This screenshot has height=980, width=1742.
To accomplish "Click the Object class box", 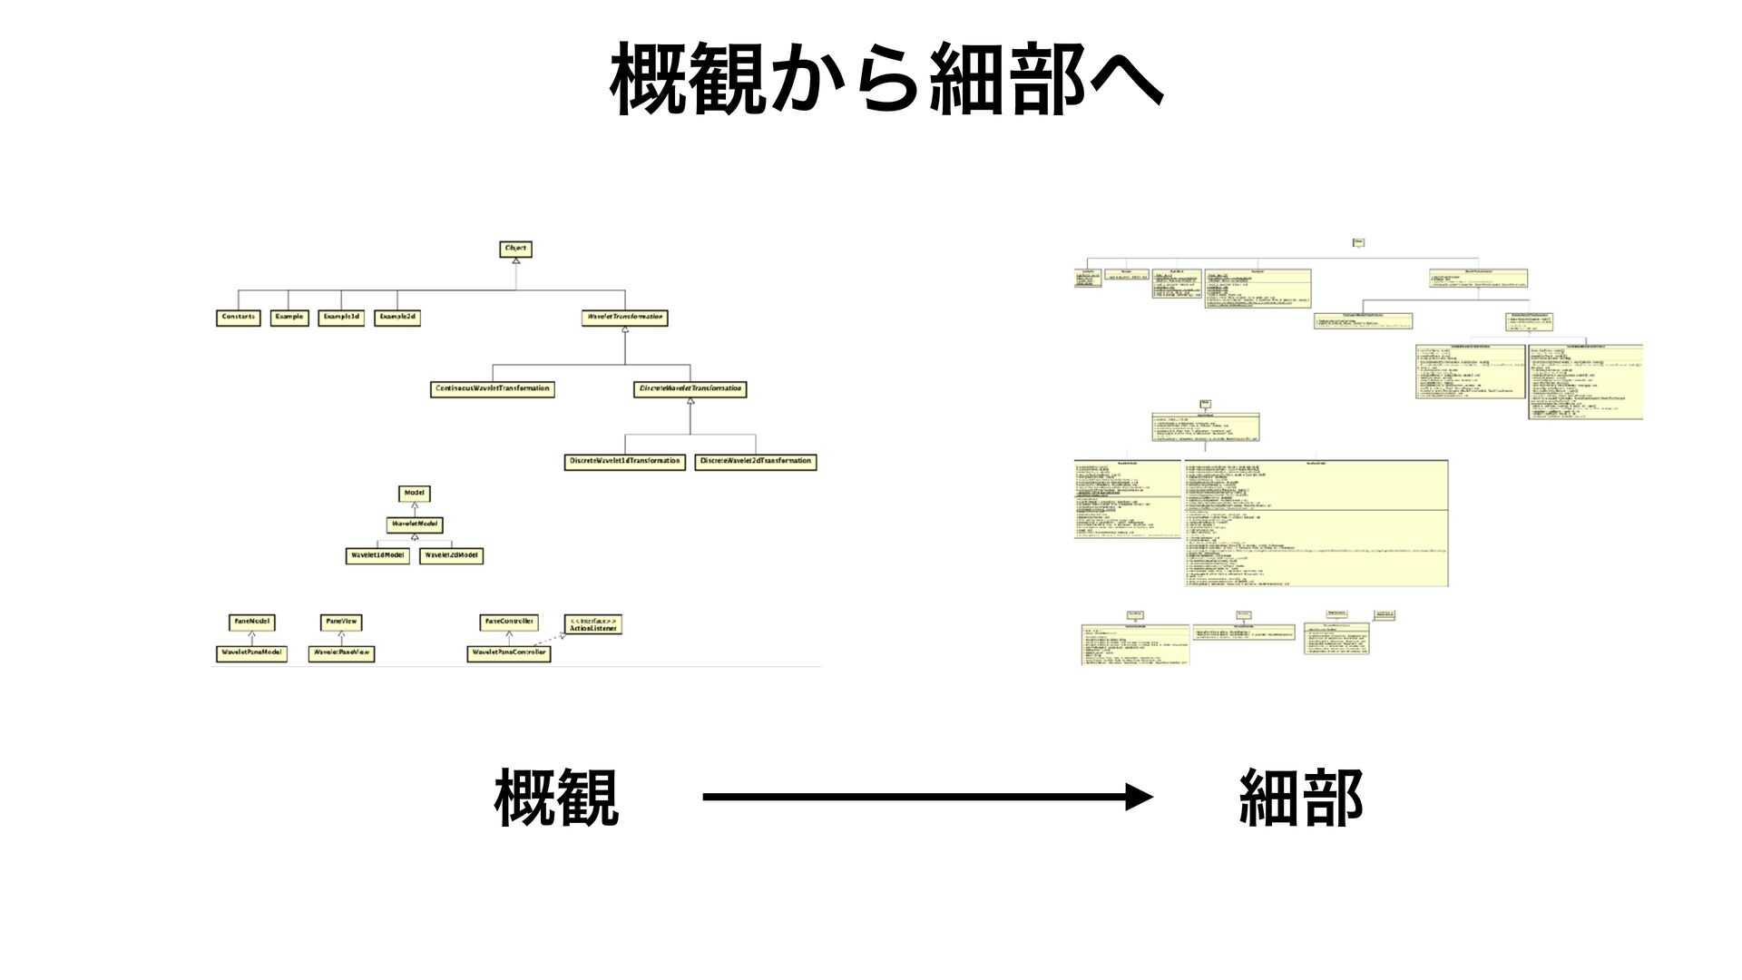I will click(515, 248).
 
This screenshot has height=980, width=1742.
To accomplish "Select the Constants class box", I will click(239, 318).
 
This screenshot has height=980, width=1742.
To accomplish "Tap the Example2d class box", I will click(397, 318).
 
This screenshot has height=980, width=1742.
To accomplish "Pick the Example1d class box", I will click(341, 318).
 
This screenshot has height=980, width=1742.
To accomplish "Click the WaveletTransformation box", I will click(624, 318).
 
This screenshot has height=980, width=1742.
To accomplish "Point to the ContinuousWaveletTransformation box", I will click(493, 388).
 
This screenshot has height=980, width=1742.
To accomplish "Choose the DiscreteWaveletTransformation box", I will click(690, 388).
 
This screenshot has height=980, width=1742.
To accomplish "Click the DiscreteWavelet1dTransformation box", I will click(624, 461).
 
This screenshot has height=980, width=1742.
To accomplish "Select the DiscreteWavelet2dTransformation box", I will click(755, 461).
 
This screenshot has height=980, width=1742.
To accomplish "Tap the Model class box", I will click(414, 493).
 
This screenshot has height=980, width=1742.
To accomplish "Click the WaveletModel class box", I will click(414, 524).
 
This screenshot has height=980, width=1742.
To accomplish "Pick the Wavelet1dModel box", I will click(377, 555).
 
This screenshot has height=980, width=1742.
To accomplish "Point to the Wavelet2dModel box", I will click(452, 555).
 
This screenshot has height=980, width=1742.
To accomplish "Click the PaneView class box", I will click(341, 622).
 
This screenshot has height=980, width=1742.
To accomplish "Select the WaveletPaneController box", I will click(509, 652).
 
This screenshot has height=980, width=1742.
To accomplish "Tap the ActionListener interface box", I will click(592, 624).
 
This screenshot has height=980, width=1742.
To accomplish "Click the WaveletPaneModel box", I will click(252, 652).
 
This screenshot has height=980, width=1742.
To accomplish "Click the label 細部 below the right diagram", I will click(1301, 798).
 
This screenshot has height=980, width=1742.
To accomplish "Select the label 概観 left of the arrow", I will click(556, 798).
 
